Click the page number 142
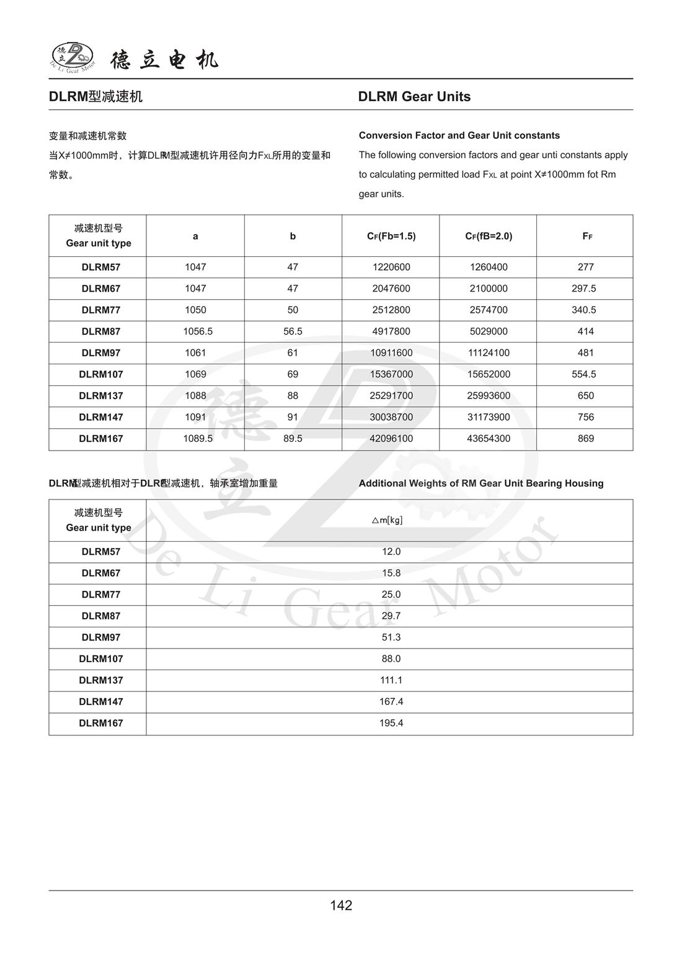click(x=341, y=905)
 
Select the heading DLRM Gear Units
click(x=414, y=96)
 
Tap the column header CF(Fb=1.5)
click(x=391, y=236)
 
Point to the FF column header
click(x=587, y=236)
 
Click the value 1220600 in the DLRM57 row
click(x=391, y=267)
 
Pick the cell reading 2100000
click(x=489, y=289)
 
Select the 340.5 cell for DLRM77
click(x=585, y=310)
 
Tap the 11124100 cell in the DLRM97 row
click(x=489, y=352)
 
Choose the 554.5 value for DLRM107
click(x=585, y=374)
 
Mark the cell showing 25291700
click(x=391, y=395)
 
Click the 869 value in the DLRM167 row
click(x=585, y=438)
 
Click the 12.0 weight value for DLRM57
click(x=391, y=552)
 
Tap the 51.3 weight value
click(x=391, y=637)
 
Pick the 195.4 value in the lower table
click(x=391, y=723)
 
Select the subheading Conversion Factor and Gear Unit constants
click(x=459, y=135)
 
